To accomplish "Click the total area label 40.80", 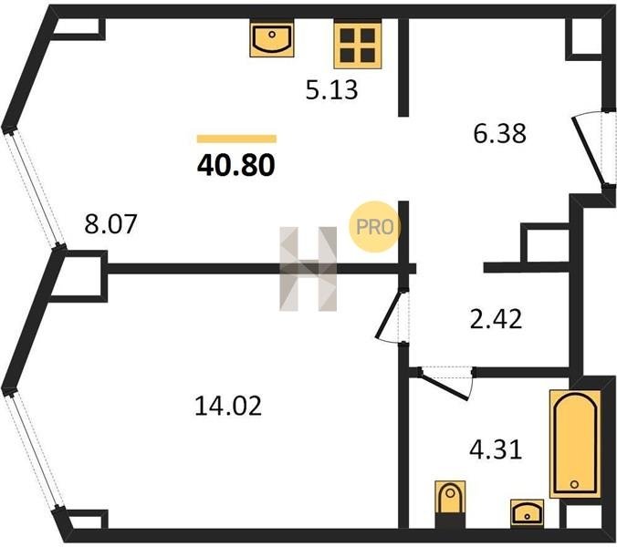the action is click(x=235, y=165).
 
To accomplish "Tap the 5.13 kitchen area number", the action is click(x=331, y=89).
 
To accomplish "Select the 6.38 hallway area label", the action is click(x=500, y=133).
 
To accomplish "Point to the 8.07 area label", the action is click(x=110, y=223).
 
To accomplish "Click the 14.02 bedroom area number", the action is click(x=228, y=406).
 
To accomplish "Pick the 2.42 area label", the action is click(x=496, y=319).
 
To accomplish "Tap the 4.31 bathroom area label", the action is click(x=496, y=449).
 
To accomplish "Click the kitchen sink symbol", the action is click(x=272, y=39).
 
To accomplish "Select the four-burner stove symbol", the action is click(x=358, y=46).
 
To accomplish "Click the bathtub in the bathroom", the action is click(x=575, y=444).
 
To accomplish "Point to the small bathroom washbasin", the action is click(x=528, y=512).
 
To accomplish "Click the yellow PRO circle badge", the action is click(x=374, y=227).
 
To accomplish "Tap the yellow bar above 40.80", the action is click(x=236, y=139).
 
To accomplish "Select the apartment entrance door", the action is click(x=588, y=151).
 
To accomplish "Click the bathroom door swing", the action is click(x=445, y=383).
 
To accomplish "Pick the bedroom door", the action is click(x=390, y=316).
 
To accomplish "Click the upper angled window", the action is click(x=35, y=190).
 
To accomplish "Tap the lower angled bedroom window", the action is click(x=35, y=451).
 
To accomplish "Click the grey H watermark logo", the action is click(x=308, y=269).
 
